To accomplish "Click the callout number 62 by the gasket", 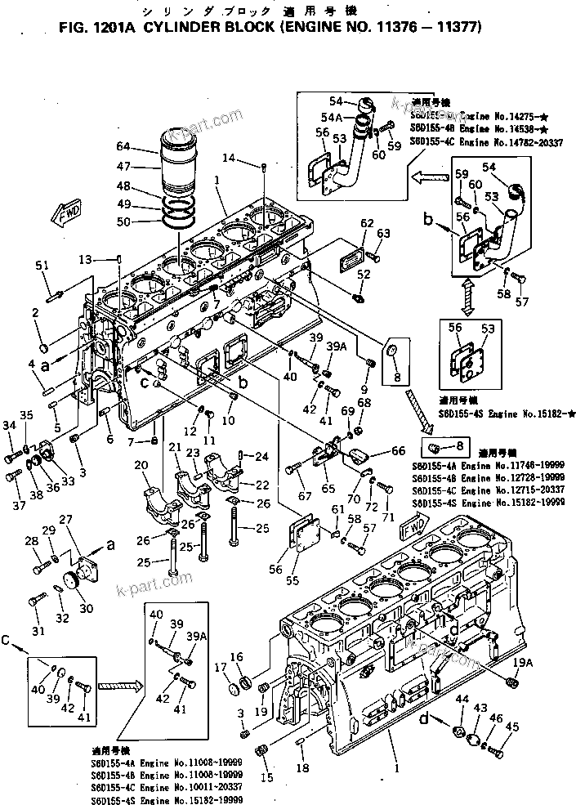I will [x=367, y=223].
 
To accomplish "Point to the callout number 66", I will [x=398, y=449].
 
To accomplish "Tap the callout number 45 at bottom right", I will [x=512, y=726].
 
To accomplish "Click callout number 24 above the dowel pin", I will [x=263, y=455].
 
